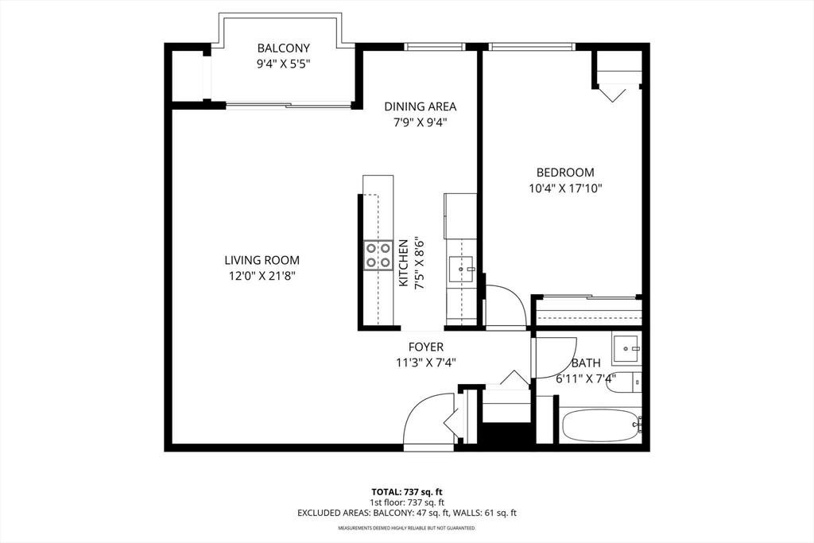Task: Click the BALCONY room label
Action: coord(284,48)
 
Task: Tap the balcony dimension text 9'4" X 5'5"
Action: coord(284,64)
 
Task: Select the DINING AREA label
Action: coord(420,107)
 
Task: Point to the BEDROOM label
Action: coord(565,173)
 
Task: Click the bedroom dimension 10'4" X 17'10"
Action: coord(565,188)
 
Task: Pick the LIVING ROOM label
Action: coord(262,260)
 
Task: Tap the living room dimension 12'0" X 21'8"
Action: coord(262,276)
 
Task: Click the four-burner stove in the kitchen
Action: coord(378,255)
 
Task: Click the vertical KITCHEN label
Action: coord(403,262)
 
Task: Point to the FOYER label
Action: coord(426,347)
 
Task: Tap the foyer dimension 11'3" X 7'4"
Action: coord(426,363)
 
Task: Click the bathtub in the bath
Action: coord(601,425)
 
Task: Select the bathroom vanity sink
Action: coord(626,348)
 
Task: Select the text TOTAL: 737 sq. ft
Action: coord(406,491)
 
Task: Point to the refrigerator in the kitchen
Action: coord(460,216)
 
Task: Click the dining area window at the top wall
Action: coord(436,47)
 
